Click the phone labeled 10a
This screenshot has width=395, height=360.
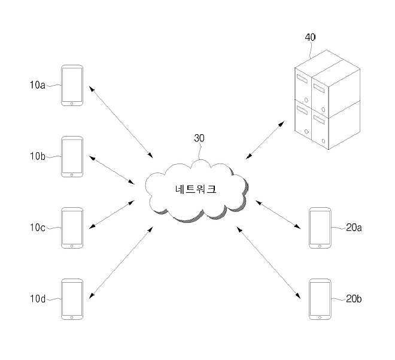tap(72, 86)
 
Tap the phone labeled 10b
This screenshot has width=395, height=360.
tap(72, 157)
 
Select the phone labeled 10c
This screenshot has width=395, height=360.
tap(72, 228)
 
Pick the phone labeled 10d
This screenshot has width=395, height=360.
tap(72, 298)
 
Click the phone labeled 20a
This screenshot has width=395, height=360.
tap(320, 228)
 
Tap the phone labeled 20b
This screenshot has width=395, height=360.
tap(320, 298)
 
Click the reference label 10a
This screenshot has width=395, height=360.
tap(37, 85)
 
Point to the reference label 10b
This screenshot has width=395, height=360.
tap(37, 157)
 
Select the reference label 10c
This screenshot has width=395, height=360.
tap(37, 228)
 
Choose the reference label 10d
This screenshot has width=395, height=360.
tap(37, 298)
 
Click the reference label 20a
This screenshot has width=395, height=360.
tap(355, 228)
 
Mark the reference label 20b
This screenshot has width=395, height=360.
tap(355, 298)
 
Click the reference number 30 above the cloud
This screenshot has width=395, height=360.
tap(199, 138)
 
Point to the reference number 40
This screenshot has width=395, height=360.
tap(310, 37)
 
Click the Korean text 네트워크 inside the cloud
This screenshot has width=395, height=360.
tap(196, 189)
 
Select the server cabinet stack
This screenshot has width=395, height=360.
tap(328, 105)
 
